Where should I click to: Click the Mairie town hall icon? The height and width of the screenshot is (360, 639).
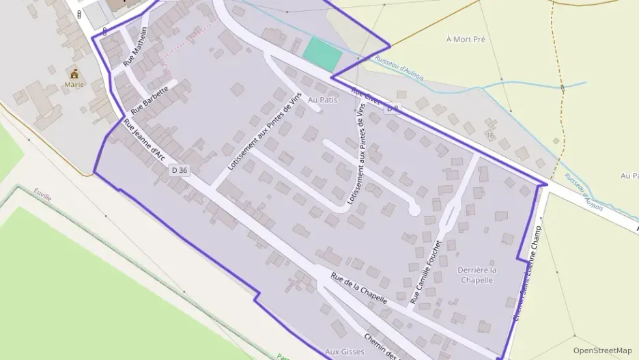click(x=75, y=73)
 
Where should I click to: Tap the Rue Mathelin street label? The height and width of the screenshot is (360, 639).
click(x=135, y=47)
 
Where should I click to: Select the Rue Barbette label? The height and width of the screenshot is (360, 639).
click(x=150, y=100)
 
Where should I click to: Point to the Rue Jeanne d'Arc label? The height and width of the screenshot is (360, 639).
click(x=145, y=140)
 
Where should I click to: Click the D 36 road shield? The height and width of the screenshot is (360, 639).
click(x=180, y=170)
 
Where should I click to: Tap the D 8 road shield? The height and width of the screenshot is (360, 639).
click(x=392, y=109)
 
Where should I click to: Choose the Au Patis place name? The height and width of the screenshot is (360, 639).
click(x=323, y=100)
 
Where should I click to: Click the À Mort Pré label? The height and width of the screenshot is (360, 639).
click(x=465, y=40)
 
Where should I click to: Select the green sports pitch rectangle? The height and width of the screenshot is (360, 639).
click(x=322, y=54)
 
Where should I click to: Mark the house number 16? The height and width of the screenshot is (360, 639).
click(x=489, y=135)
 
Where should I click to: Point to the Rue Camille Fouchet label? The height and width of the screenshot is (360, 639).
click(x=427, y=272)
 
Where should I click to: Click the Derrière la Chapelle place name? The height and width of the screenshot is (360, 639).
click(x=477, y=275)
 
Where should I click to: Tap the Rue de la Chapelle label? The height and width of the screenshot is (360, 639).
click(x=359, y=288)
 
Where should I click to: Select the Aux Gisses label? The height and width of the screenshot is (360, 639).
click(x=342, y=352)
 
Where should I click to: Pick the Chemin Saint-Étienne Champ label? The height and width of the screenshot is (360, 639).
click(x=526, y=274)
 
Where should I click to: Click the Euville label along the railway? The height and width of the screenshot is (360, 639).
click(x=42, y=197)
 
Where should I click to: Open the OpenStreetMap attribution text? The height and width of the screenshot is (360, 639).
click(x=602, y=350)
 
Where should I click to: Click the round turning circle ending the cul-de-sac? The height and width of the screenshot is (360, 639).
click(x=413, y=210)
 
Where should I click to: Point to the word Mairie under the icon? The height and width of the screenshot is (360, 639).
click(x=74, y=85)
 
